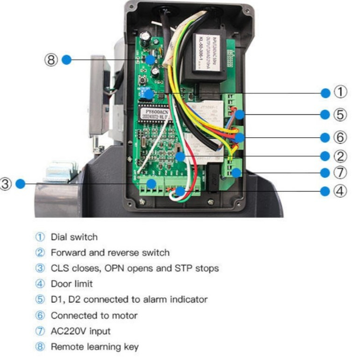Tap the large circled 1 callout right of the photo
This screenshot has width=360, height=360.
(x=340, y=93)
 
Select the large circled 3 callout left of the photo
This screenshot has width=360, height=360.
(x=5, y=184)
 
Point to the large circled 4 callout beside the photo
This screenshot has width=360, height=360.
(x=340, y=191)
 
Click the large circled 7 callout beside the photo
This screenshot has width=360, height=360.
(x=340, y=173)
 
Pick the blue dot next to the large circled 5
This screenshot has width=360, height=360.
(x=325, y=115)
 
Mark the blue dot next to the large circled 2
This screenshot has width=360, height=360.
(x=325, y=156)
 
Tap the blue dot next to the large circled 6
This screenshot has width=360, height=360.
(x=325, y=138)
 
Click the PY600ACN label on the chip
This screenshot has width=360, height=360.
(x=157, y=112)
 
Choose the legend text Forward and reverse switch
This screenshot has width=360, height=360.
(x=110, y=253)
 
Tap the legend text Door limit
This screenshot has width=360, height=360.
(x=72, y=284)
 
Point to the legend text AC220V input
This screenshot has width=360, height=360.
(x=81, y=331)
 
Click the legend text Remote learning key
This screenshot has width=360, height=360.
(x=95, y=347)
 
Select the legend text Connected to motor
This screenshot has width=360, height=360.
(x=94, y=315)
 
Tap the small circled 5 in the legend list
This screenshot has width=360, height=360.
(x=40, y=299)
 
